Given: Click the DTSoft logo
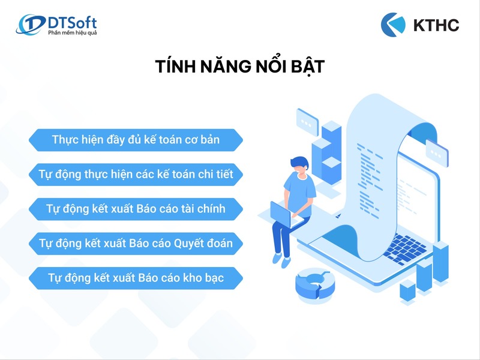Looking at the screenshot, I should pos(57,25).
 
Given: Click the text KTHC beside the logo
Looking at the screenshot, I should pos(436,25).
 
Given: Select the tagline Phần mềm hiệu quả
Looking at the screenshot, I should pos(72,32).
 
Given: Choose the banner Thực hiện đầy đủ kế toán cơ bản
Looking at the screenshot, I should pos(136,140).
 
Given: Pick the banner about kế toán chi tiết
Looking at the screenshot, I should pos(136,175).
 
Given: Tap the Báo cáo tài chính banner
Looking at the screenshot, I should pos(136,209).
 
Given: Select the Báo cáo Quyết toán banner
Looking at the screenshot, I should pos(136,244).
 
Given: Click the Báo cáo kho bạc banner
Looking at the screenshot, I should pos(136,279).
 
